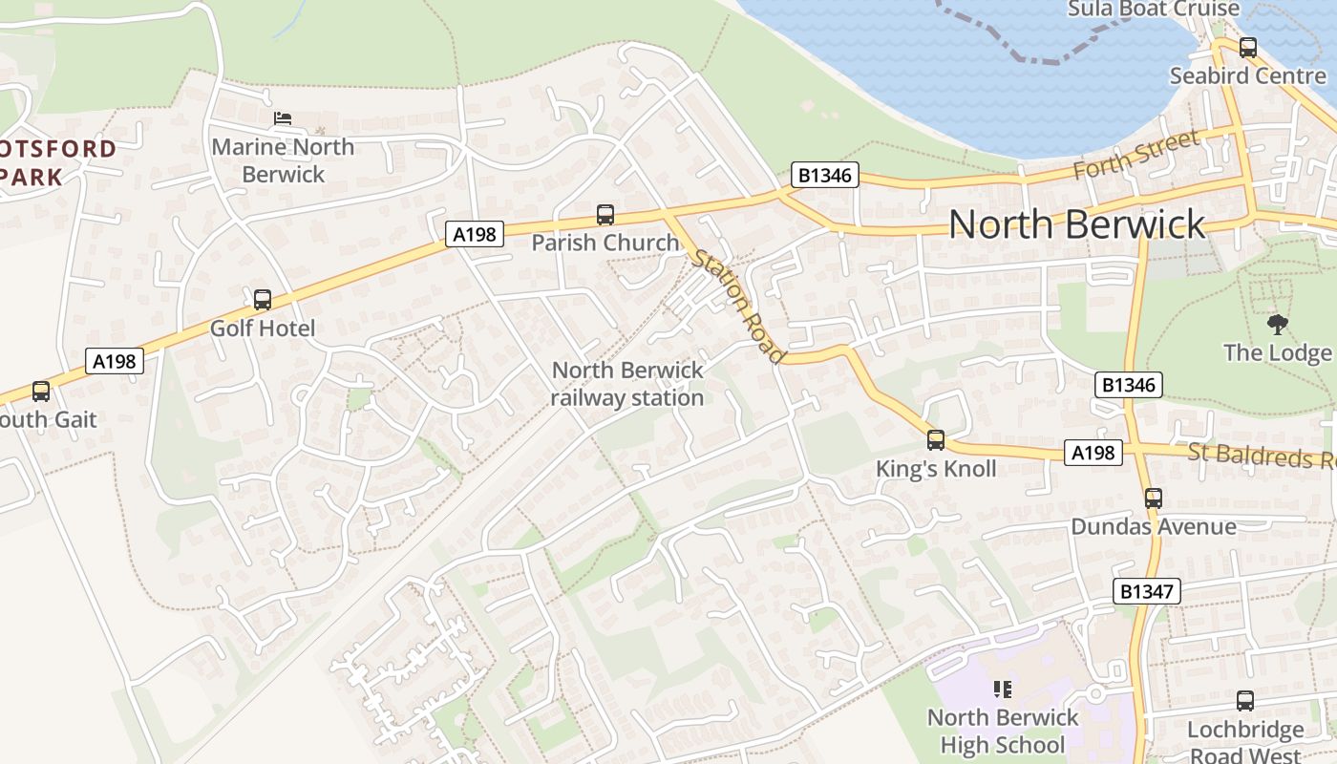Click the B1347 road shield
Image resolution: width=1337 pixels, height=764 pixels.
tap(1147, 591)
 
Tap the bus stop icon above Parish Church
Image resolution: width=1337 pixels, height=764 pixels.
tap(605, 215)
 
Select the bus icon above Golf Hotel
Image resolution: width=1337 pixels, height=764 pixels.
tap(263, 300)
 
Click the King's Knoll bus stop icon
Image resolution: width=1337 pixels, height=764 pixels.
tap(936, 440)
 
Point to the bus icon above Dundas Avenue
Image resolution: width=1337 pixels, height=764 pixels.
tap(1154, 498)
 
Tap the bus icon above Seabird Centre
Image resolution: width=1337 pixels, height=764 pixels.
tap(1248, 48)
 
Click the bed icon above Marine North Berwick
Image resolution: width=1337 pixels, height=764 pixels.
tap(283, 118)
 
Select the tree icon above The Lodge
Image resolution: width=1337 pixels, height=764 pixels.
tap(1277, 325)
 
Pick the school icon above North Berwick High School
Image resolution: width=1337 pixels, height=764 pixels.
tap(1003, 689)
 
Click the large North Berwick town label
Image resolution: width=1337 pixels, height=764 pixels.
tap(1077, 224)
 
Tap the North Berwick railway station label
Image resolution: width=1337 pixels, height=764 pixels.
tap(627, 384)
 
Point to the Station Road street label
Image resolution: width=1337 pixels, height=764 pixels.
tap(739, 305)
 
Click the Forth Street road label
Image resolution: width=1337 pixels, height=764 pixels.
tap(1135, 155)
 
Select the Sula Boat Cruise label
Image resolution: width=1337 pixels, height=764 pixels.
tap(1154, 10)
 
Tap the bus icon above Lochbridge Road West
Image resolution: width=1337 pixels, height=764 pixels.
tap(1245, 701)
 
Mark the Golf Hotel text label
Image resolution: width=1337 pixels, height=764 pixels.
tap(263, 329)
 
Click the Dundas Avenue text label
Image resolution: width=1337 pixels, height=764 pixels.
tap(1154, 526)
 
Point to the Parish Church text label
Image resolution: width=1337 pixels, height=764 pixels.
tap(605, 243)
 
